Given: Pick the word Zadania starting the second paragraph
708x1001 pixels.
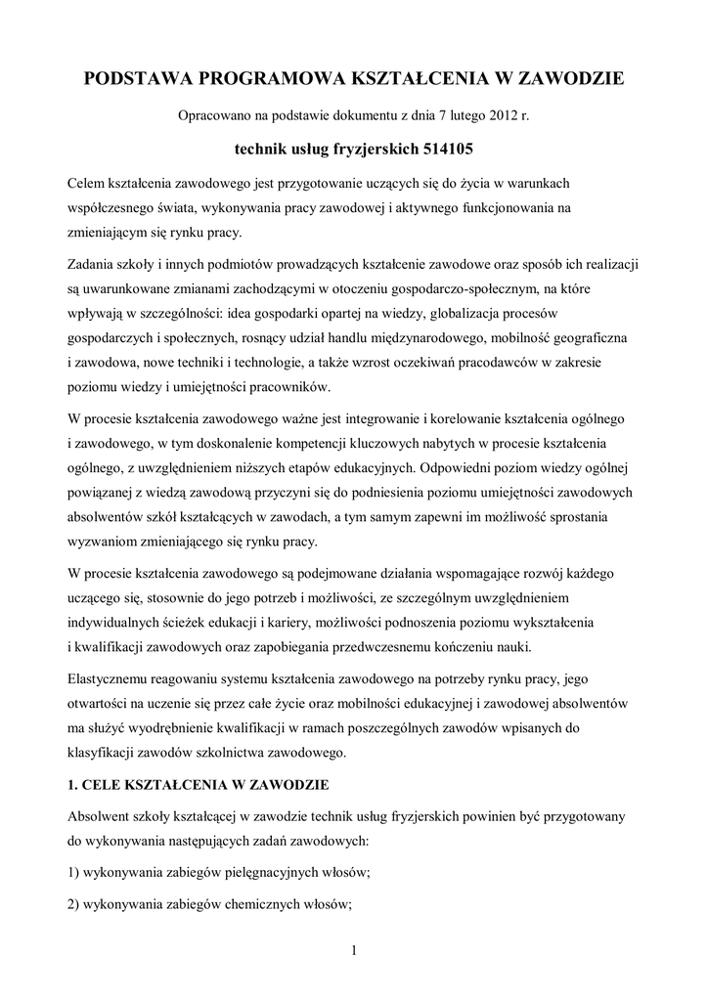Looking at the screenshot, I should (x=94, y=266).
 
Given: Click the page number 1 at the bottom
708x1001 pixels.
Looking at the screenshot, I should (x=353, y=950).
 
